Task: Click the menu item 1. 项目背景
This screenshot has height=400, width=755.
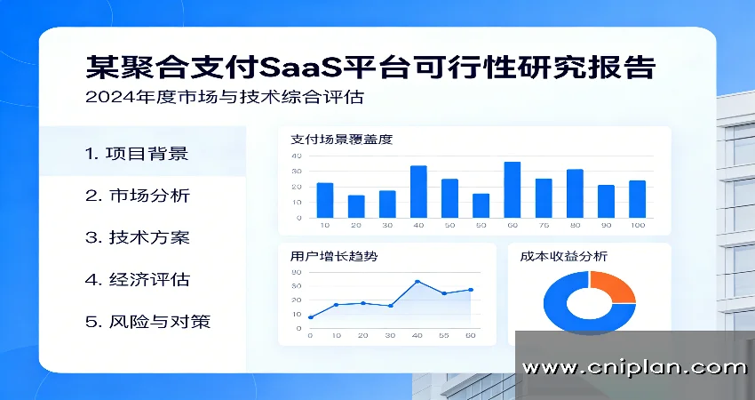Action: pos(137,153)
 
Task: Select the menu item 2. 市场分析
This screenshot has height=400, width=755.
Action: pos(137,196)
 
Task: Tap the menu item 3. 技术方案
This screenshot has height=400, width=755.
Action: pos(137,238)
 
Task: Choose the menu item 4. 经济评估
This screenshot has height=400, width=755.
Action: pos(137,280)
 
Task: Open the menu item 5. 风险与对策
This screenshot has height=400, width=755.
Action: pos(147,322)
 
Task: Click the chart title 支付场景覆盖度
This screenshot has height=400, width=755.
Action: pos(341,140)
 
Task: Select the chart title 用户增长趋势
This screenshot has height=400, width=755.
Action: pos(334,256)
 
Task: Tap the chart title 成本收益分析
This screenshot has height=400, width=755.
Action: pos(564,256)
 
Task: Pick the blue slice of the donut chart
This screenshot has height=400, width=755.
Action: pos(568,316)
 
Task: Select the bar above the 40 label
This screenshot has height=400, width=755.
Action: pos(418,191)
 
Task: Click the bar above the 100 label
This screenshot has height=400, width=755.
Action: pos(637,198)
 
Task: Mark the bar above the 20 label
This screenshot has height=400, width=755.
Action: pos(356,206)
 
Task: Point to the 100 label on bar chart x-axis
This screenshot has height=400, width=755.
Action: pos(637,226)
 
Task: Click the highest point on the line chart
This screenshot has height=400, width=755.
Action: pos(417,282)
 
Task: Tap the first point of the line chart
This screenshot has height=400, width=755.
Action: pos(310,317)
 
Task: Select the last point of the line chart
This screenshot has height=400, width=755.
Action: pos(470,290)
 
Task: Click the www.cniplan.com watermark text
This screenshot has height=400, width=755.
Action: pos(634,367)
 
